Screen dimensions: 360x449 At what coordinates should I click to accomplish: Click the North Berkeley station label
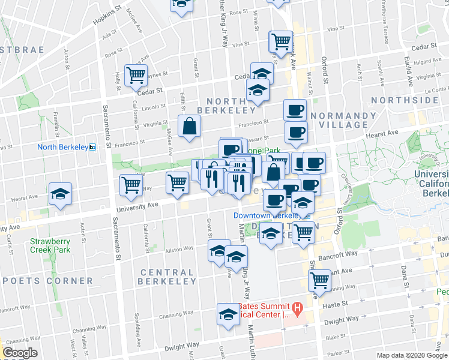tap(62, 147)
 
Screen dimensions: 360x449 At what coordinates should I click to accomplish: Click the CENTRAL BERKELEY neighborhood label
tap(167, 277)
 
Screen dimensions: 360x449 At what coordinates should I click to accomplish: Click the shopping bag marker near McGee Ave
tap(189, 126)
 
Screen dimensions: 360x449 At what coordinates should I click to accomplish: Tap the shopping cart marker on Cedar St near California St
tap(136, 75)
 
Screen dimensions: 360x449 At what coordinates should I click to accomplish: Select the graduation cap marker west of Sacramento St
tap(60, 194)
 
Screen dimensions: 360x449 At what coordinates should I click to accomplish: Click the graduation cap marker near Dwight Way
tap(228, 315)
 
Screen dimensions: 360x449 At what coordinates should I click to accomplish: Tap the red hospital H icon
tap(296, 307)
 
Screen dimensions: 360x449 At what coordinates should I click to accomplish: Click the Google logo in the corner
tap(20, 353)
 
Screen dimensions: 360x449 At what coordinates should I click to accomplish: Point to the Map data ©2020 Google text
tap(412, 355)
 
